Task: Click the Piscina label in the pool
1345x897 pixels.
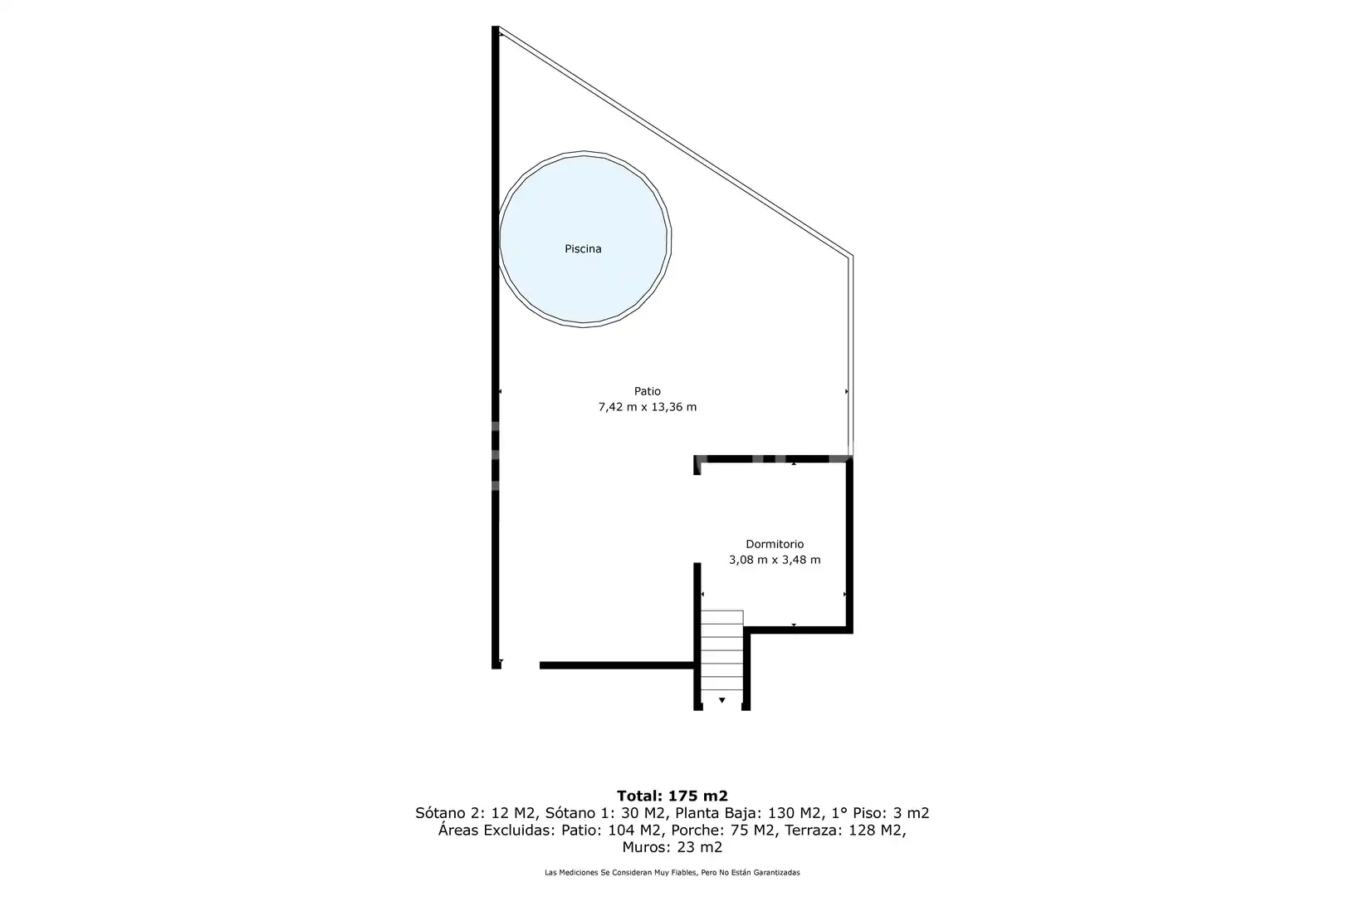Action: (583, 248)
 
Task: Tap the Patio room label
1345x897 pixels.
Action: (648, 391)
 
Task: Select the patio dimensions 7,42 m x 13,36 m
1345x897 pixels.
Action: (648, 407)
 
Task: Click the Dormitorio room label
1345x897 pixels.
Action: (775, 544)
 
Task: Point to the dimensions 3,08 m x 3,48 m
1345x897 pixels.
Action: (775, 559)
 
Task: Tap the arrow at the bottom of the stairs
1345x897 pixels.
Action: (721, 700)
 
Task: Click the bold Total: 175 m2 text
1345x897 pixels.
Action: (672, 796)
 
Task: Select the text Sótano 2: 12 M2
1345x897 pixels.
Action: (475, 813)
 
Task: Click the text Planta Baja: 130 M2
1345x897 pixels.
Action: (748, 813)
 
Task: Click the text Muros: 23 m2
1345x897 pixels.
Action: (672, 847)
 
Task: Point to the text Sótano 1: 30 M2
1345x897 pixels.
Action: (605, 813)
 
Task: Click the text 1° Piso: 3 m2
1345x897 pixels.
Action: (880, 813)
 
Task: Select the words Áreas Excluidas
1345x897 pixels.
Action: (496, 831)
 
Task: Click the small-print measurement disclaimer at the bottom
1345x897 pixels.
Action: (672, 872)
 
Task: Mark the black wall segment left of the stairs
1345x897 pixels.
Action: (617, 665)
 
